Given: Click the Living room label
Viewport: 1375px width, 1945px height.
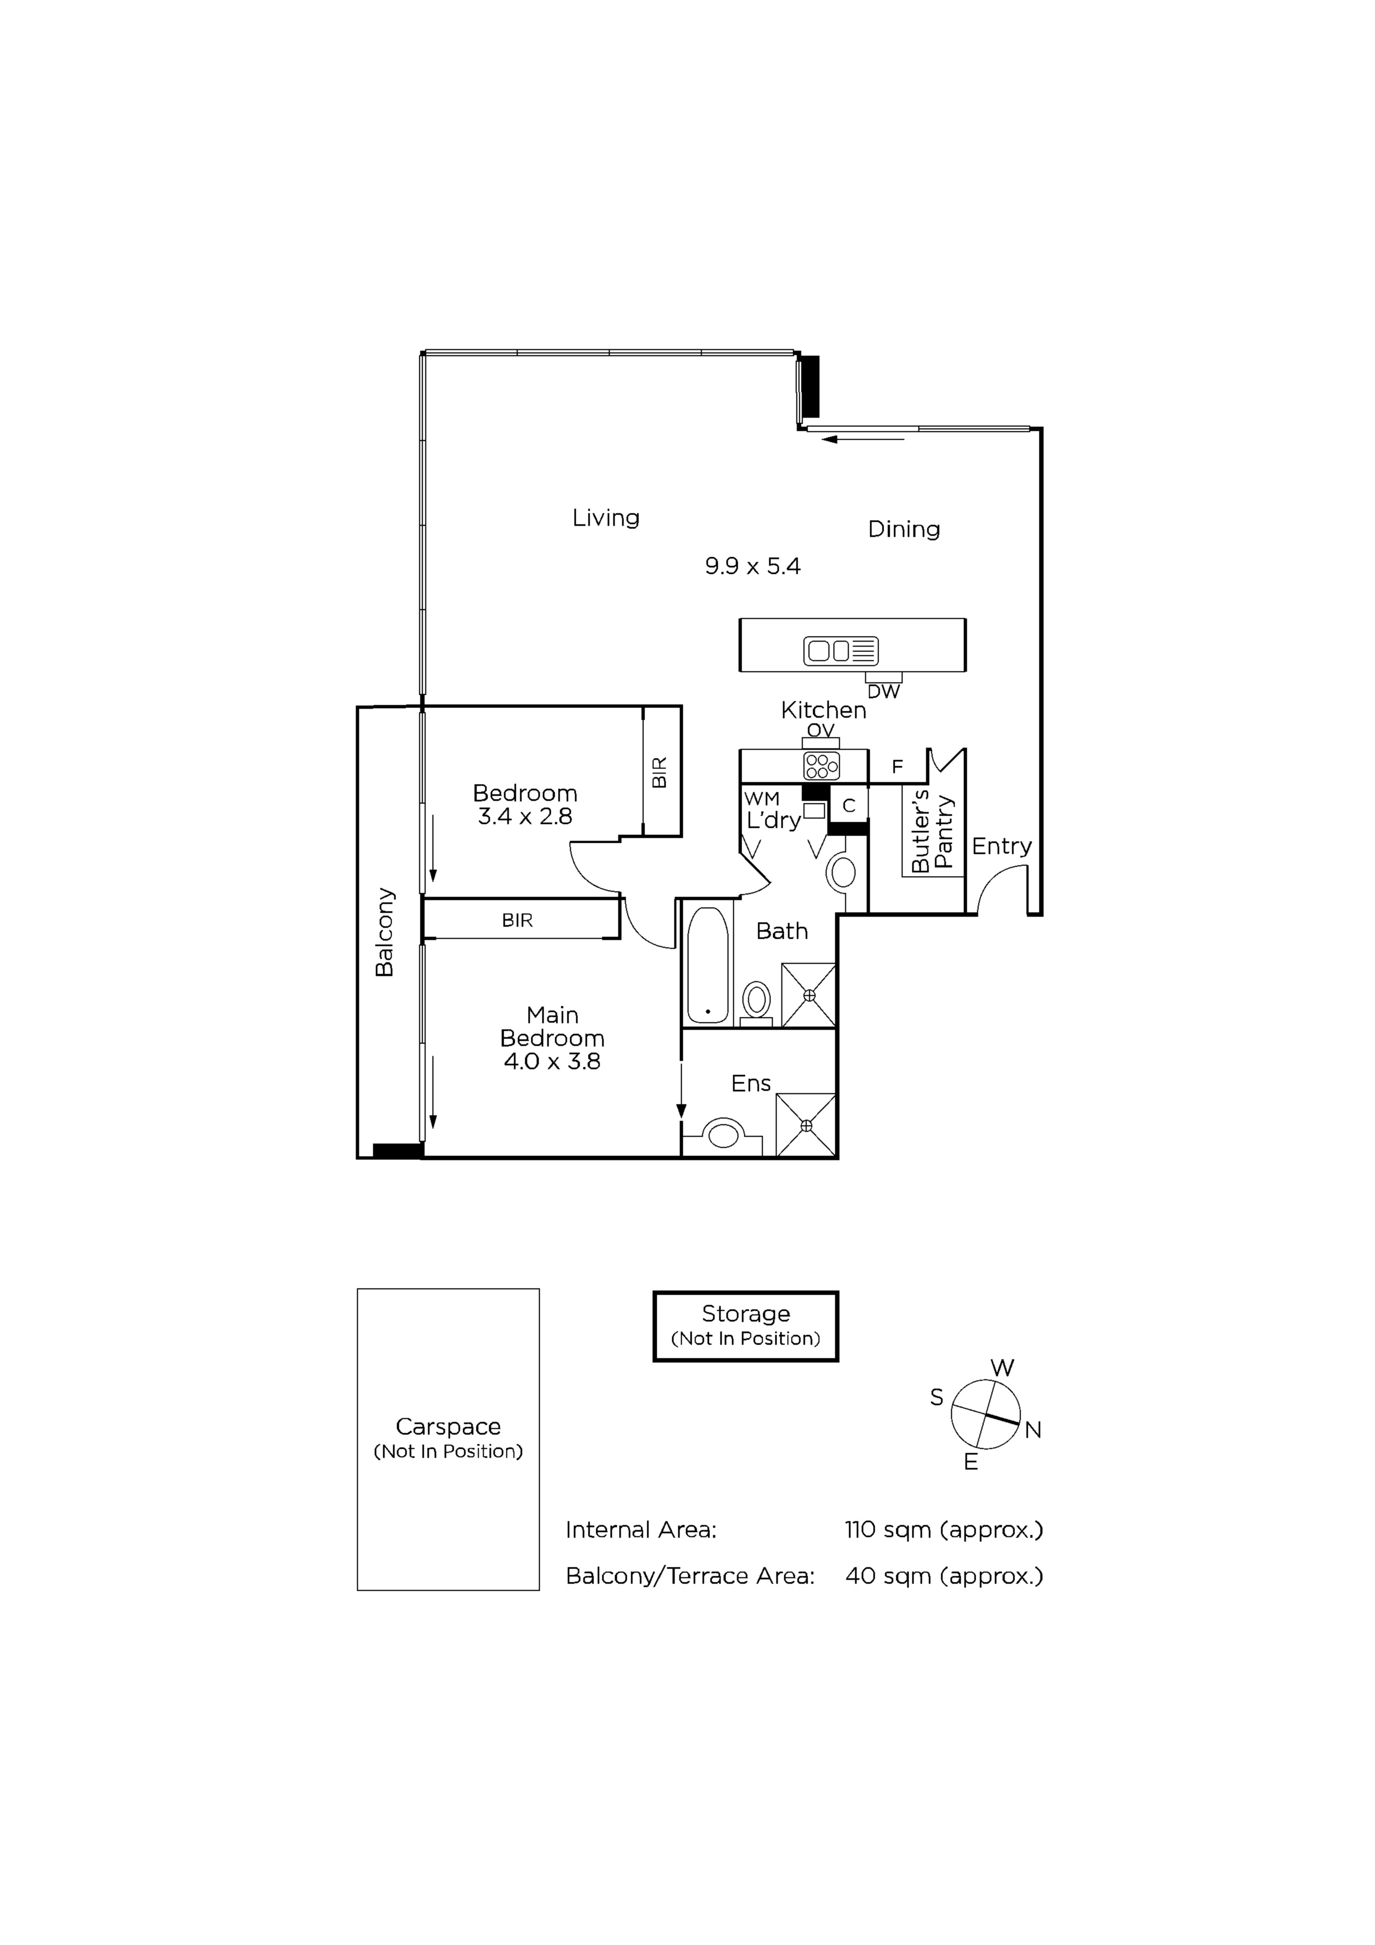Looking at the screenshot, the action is pos(606,518).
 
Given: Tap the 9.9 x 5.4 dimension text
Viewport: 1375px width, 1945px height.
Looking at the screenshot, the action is pos(752,566).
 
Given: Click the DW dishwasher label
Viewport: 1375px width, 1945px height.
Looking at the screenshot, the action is pos(884,691).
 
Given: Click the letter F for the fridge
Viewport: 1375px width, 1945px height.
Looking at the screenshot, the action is pos(897,767).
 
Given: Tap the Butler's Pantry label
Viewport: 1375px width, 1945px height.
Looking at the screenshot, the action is pos(932,831).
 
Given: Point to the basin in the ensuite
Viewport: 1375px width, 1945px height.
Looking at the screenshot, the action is pos(723,1135).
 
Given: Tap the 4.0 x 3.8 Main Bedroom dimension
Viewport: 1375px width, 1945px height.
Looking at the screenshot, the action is pos(552,1061).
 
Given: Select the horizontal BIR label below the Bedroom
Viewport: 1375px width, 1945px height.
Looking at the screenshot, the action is pos(517,920).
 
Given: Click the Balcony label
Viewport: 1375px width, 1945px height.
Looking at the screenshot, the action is pos(384,932).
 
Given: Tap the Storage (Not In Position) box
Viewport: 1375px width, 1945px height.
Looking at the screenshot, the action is pos(745,1327).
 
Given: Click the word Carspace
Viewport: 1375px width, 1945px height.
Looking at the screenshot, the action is pos(448,1427).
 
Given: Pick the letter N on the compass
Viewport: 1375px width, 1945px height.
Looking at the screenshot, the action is pos(1033,1431).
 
